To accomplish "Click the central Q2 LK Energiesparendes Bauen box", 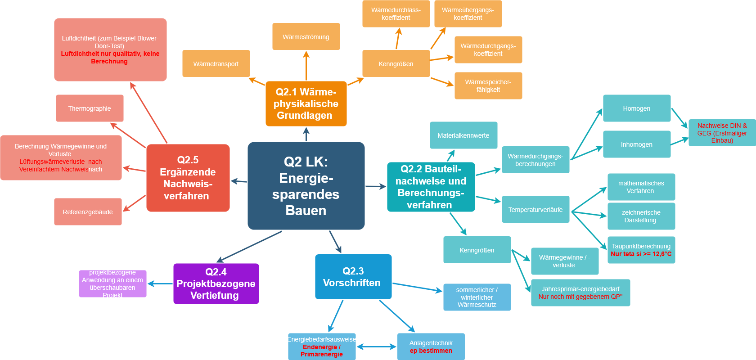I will (306, 186).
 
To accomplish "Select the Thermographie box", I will (90, 108).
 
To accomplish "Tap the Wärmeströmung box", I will (306, 36).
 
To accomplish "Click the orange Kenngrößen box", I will (396, 63).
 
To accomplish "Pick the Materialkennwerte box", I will (463, 135).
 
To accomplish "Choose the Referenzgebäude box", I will (88, 211).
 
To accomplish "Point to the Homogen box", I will (637, 108).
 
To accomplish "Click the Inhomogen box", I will (637, 144).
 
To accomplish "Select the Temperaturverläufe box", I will (535, 209).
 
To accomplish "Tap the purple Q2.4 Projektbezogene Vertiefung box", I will (216, 283).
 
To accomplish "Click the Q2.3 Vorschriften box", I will (353, 277).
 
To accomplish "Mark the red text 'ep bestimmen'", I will (431, 351).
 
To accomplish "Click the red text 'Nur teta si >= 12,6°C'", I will (641, 254).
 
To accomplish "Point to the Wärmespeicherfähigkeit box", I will (488, 85).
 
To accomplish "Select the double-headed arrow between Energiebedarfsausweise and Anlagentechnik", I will (377, 346).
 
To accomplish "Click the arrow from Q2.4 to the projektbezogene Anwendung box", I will (160, 283).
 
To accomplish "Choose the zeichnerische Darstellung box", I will (641, 216).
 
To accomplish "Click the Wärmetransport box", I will (216, 63).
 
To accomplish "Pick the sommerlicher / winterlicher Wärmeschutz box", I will (477, 297).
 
